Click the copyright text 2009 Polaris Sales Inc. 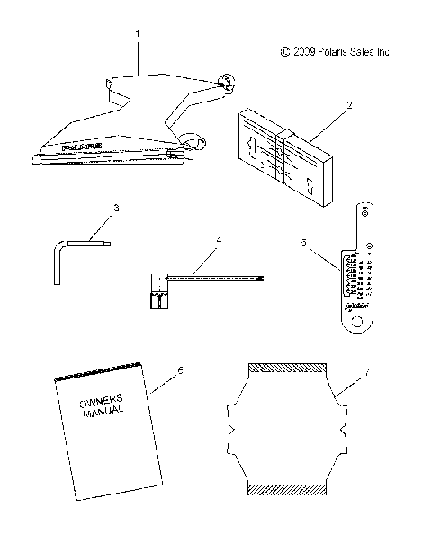point(337,52)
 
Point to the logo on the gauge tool point(358,308)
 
